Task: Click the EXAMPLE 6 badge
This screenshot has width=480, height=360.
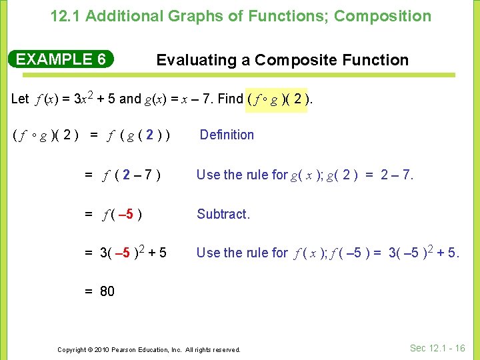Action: tap(61, 59)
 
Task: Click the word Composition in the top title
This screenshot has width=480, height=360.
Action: tap(383, 16)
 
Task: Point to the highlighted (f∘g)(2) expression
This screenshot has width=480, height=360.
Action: tap(277, 99)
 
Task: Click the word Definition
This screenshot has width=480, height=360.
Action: tap(227, 135)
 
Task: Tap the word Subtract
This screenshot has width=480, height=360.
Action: tap(223, 214)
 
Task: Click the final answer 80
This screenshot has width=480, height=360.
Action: tap(106, 291)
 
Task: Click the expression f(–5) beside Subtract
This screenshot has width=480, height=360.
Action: tap(121, 215)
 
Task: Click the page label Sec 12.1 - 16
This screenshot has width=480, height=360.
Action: tap(437, 348)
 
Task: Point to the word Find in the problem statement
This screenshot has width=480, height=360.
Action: tap(231, 99)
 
